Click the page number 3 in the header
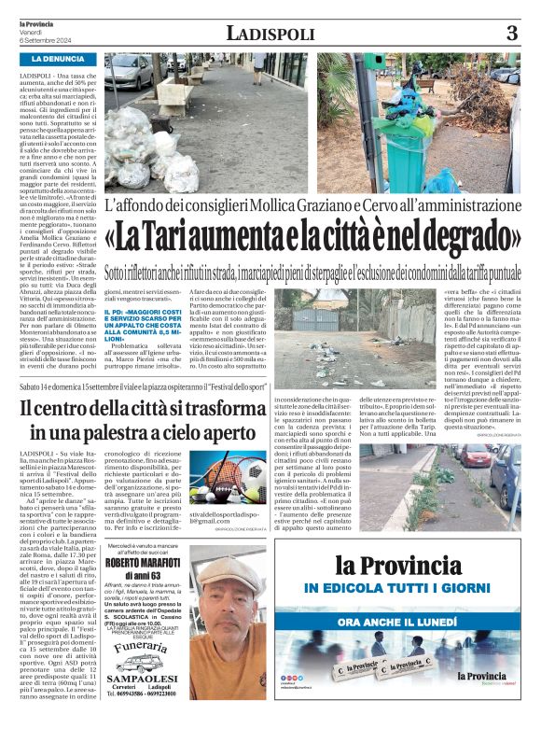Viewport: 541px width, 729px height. (x=511, y=34)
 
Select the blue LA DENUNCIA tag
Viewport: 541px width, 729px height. (x=60, y=59)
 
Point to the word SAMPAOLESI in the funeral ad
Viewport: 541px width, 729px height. (x=160, y=691)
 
